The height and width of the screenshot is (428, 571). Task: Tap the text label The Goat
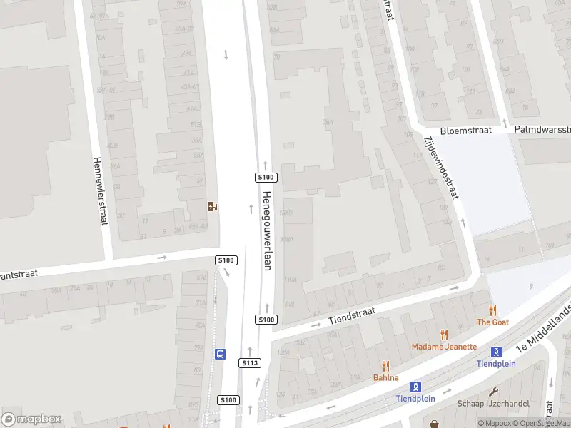pos(492,322)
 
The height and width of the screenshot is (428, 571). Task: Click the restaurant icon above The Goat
pos(492,310)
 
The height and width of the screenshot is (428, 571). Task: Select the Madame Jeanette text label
pos(444,347)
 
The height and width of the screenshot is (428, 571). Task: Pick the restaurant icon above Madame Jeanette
pos(444,334)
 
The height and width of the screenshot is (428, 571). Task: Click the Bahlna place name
pos(385,377)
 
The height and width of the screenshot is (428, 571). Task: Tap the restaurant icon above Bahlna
pos(386,365)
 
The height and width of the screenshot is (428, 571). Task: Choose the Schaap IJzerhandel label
pos(493,403)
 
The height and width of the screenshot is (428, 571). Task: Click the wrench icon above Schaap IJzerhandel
pos(493,391)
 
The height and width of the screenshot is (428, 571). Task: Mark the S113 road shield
pos(249,363)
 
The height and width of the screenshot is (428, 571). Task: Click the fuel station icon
pos(212,207)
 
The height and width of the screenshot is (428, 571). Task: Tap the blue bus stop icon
pos(220,354)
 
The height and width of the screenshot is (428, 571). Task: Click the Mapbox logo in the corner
pos(31,419)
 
